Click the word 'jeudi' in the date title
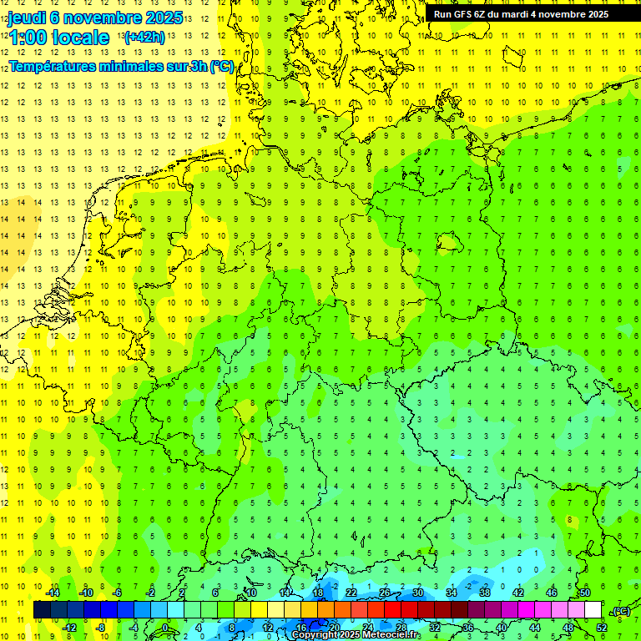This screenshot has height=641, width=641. pos(28,18)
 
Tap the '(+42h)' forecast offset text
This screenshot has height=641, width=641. pos(144,37)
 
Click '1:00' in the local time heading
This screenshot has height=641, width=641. pos(28,38)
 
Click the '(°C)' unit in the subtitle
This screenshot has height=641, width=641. pos(221,66)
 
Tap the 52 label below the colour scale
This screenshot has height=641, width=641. pos(601,628)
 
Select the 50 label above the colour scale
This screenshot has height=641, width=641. pos(585,593)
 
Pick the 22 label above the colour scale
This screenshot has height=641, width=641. pos(351,593)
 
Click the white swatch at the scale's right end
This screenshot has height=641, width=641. pos(593,610)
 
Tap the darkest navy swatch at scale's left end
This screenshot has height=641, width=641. pos(42,610)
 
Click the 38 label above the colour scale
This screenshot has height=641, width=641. pos(485,593)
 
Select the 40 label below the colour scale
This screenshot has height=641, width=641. pos(501,628)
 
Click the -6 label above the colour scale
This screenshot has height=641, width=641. pos(118,593)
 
